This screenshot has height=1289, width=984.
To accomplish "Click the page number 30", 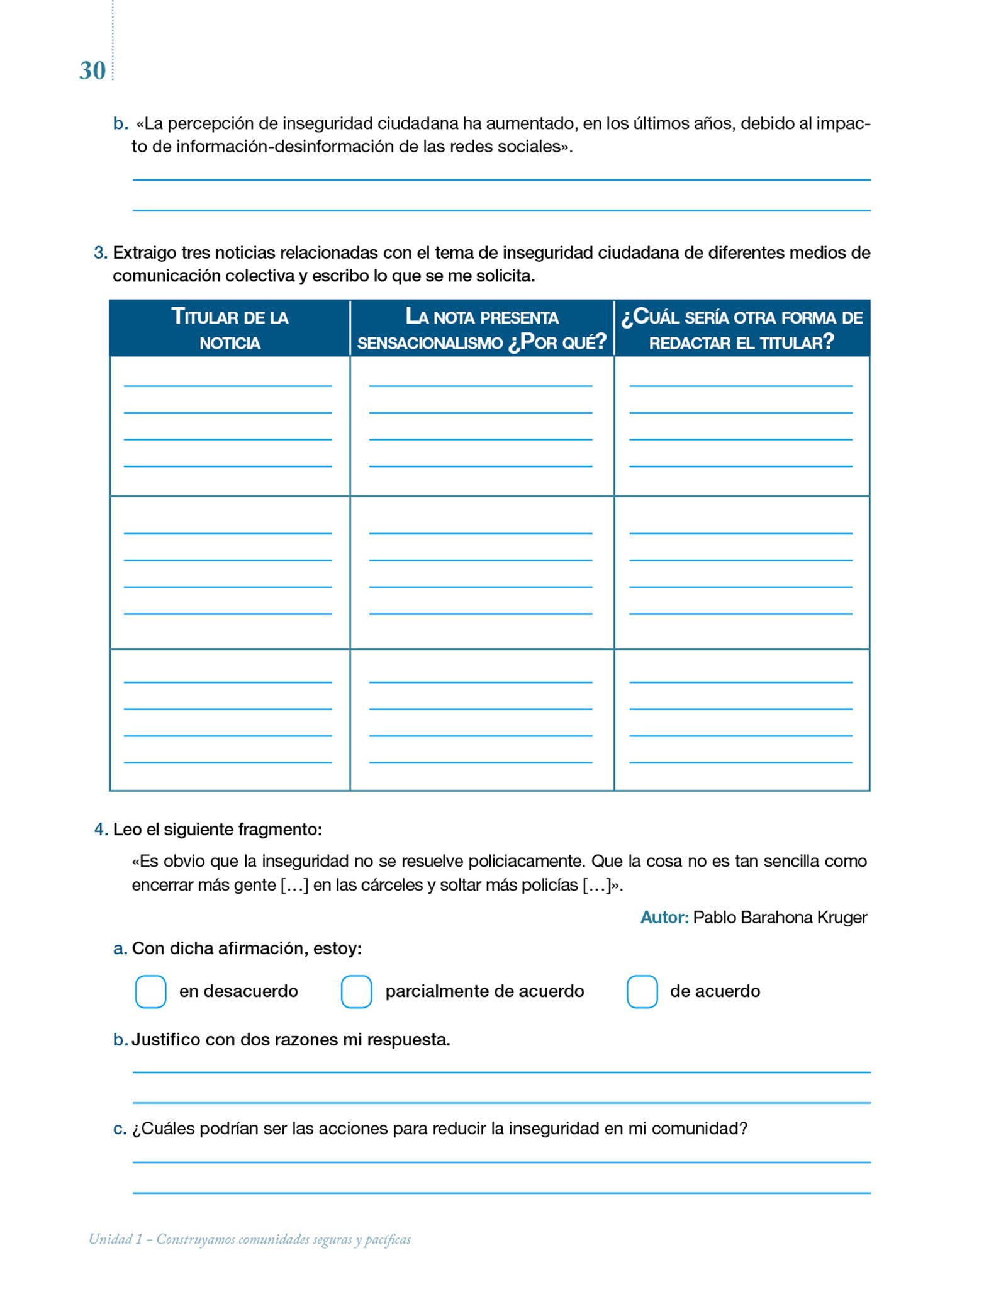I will pos(92,71).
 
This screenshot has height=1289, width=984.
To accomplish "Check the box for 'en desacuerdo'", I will pos(151,992).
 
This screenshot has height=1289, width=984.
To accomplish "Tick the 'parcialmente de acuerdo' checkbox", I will pos(356,992).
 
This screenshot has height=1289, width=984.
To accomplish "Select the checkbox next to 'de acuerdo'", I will pos(642,992).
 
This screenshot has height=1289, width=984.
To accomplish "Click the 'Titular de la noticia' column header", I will pos(230,329).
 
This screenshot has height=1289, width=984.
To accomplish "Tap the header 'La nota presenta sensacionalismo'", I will pos(481,329).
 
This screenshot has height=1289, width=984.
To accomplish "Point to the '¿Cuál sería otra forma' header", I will pos(742,329).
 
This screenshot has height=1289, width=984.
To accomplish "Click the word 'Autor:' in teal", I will pos(664,918).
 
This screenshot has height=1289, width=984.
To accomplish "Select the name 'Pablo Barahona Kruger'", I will pos(780,918).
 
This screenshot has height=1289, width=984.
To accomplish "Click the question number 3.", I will pos(100,253).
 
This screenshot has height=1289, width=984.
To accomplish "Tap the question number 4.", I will pos(101,830).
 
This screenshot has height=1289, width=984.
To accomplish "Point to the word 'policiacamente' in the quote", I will pos(526,861).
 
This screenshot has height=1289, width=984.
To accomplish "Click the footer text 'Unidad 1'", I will pos(115,1239).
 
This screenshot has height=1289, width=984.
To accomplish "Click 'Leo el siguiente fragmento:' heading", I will pos(217,830).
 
